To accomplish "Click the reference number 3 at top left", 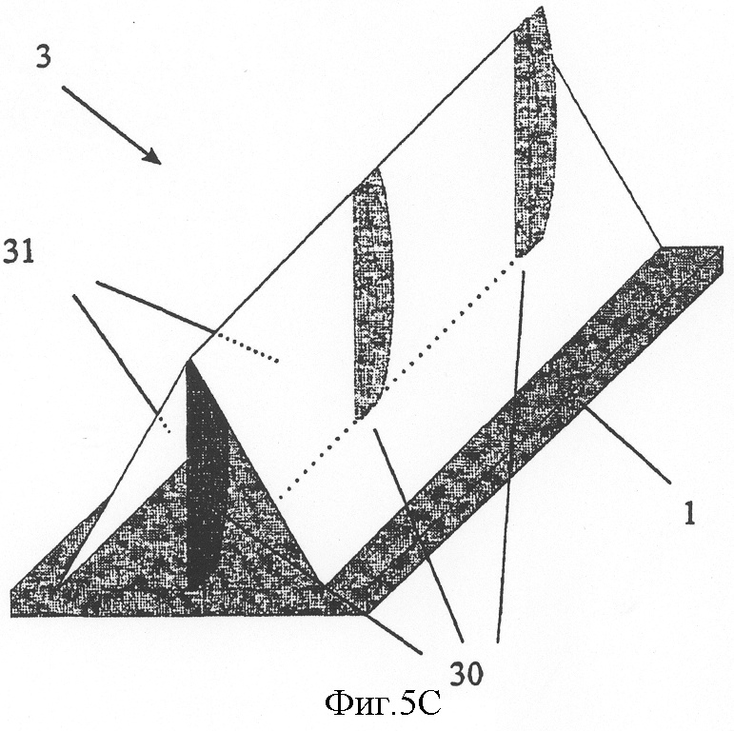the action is tap(44, 57).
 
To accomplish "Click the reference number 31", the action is tap(19, 251).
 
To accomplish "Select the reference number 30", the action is tap(466, 675).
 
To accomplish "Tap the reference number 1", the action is tap(689, 512).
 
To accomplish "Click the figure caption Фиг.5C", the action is tap(383, 703).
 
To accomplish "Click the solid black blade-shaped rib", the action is tap(206, 473).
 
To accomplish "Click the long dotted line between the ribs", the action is tap(398, 379).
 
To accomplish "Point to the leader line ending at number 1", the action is tap(625, 442).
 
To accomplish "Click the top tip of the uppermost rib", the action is tap(542, 8).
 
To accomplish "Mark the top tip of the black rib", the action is tap(188, 362).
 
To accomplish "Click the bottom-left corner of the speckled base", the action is tap(11, 615).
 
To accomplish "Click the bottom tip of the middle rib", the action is tap(357, 418).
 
